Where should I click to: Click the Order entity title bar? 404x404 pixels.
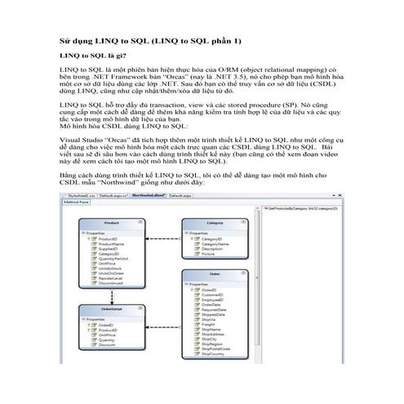[215, 273]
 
